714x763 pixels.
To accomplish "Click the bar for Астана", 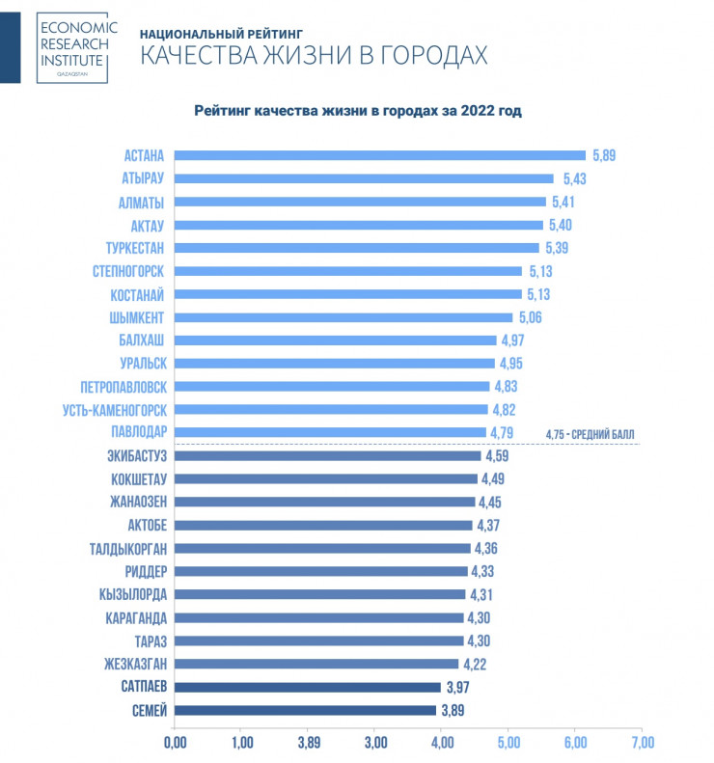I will (x=380, y=155).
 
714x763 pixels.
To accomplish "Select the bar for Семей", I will (x=305, y=711).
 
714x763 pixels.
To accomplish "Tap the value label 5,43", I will (x=574, y=178).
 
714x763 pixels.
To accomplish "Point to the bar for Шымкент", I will (x=343, y=317).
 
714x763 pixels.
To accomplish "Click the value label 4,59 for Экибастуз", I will (x=500, y=456).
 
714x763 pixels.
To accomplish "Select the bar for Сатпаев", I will (x=308, y=688).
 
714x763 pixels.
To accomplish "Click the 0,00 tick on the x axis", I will (x=175, y=743).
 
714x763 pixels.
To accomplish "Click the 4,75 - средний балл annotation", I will (x=590, y=434).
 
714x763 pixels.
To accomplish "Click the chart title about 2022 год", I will (x=357, y=112).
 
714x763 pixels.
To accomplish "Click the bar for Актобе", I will (x=323, y=526).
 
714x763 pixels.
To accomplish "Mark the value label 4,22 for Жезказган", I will (x=478, y=665).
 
